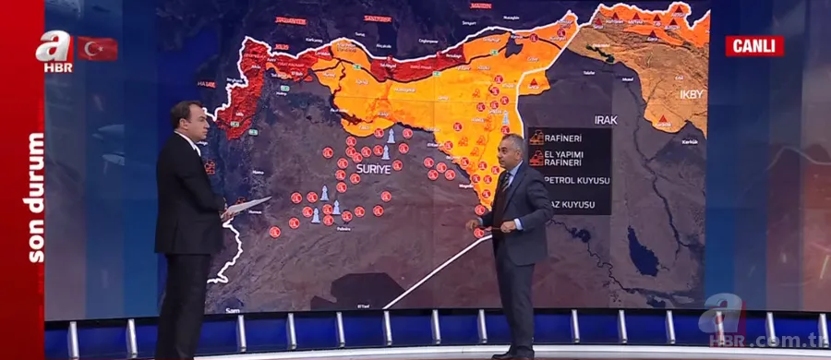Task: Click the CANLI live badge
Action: [753, 46]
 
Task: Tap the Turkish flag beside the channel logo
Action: [97, 48]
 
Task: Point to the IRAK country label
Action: [605, 120]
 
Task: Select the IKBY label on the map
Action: [692, 93]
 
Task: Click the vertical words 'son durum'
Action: [35, 198]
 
